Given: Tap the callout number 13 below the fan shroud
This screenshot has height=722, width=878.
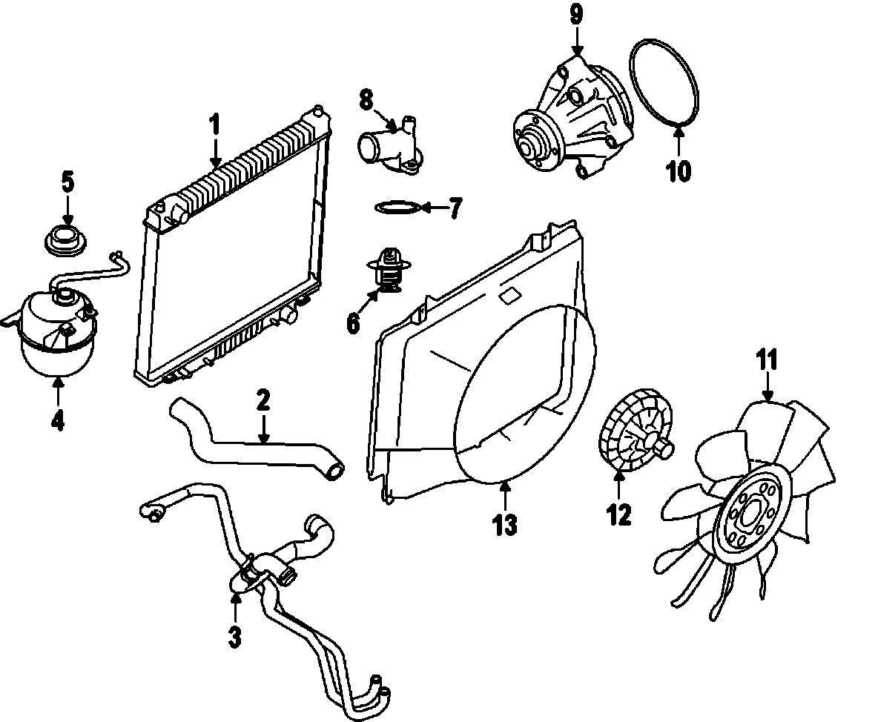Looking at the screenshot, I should [504, 525].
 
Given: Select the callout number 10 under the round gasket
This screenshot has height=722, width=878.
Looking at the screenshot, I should [678, 171].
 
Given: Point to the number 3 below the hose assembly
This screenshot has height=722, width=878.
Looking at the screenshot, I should [234, 636].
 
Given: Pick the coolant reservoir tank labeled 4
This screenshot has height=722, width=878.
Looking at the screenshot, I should [56, 334].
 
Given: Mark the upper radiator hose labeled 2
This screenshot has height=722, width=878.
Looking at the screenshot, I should [252, 443].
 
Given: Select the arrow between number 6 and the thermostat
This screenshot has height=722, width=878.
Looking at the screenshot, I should [369, 302].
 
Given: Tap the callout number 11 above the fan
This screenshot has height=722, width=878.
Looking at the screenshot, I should [767, 361].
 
